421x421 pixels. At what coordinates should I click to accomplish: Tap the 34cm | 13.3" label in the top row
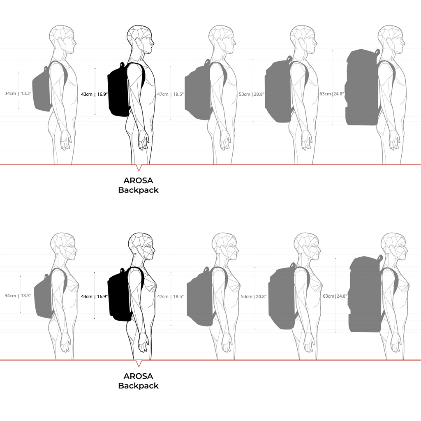pyautogui.click(x=18, y=93)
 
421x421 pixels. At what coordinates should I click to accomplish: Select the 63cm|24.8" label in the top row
pyautogui.click(x=332, y=94)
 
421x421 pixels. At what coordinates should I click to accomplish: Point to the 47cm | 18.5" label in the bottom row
pyautogui.click(x=170, y=296)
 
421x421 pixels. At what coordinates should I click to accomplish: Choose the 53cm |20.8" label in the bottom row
pyautogui.click(x=253, y=296)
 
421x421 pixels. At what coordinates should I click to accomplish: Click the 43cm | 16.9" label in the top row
pyautogui.click(x=94, y=94)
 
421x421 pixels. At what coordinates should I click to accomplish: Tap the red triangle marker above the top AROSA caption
pyautogui.click(x=139, y=168)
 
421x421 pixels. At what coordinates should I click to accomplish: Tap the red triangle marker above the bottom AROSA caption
pyautogui.click(x=139, y=363)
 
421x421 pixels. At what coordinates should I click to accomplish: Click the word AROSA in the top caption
pyautogui.click(x=138, y=180)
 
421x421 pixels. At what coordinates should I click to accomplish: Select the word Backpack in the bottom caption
pyautogui.click(x=138, y=386)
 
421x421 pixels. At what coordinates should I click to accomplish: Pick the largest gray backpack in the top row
pyautogui.click(x=363, y=87)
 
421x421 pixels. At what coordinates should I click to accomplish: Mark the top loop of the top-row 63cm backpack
pyautogui.click(x=377, y=52)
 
